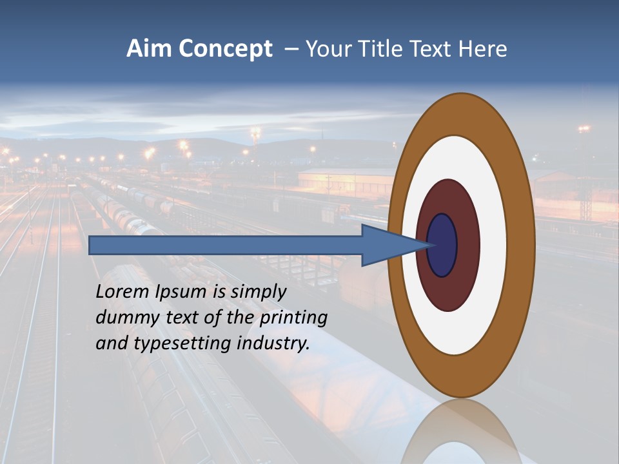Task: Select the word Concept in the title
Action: click(x=226, y=50)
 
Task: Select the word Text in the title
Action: click(x=431, y=49)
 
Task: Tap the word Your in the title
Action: click(x=326, y=49)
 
